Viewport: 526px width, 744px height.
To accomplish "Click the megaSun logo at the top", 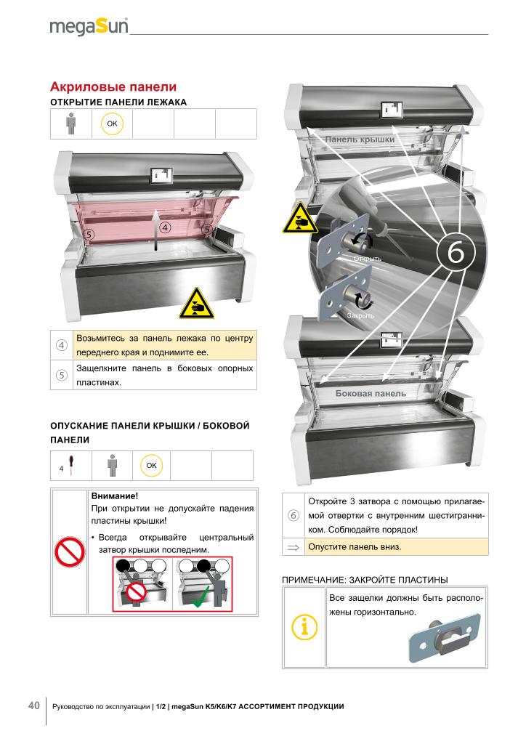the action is pyautogui.click(x=89, y=27).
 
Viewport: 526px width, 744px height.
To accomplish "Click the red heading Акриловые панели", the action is pyautogui.click(x=113, y=87).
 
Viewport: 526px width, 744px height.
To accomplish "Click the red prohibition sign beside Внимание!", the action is pyautogui.click(x=69, y=552).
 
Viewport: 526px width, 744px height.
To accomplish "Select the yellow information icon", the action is pyautogui.click(x=304, y=627).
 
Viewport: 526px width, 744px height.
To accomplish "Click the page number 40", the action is pyautogui.click(x=33, y=705).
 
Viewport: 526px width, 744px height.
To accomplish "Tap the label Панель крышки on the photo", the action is pyautogui.click(x=360, y=139).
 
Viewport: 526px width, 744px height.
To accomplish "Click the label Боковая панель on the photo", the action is pyautogui.click(x=371, y=393).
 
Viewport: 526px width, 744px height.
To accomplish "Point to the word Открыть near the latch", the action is pyautogui.click(x=367, y=259).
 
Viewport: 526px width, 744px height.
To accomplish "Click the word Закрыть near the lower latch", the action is pyautogui.click(x=360, y=315).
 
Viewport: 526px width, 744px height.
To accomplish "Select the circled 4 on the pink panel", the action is pyautogui.click(x=165, y=227).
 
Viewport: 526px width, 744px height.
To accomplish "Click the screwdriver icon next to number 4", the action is pyautogui.click(x=71, y=465).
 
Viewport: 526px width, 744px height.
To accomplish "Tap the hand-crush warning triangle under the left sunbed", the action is pyautogui.click(x=196, y=303).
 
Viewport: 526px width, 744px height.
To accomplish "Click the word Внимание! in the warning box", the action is pyautogui.click(x=115, y=496).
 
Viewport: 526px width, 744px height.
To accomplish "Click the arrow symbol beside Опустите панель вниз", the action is pyautogui.click(x=293, y=548).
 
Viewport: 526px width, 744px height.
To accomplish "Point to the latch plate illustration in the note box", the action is pyautogui.click(x=445, y=638).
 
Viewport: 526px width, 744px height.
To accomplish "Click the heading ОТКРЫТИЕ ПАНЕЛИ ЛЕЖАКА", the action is pyautogui.click(x=118, y=102).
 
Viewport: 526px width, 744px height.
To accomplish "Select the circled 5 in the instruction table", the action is pyautogui.click(x=62, y=376).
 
